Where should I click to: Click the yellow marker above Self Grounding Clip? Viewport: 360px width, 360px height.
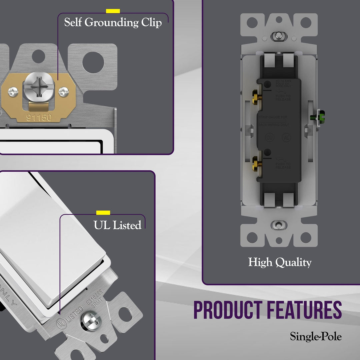point(113,11)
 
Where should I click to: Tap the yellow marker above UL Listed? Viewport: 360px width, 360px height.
point(103,213)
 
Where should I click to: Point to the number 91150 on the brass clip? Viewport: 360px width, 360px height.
point(39,117)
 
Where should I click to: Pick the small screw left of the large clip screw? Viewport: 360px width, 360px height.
point(13,91)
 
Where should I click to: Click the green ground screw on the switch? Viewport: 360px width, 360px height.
point(314,117)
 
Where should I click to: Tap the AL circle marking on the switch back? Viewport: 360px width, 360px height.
point(286,137)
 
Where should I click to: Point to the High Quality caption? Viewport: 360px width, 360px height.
point(280,262)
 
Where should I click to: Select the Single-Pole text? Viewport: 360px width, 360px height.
point(316,336)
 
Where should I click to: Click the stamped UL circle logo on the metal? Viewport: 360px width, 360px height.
point(61,323)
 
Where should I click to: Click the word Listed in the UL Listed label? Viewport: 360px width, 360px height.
point(127,225)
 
